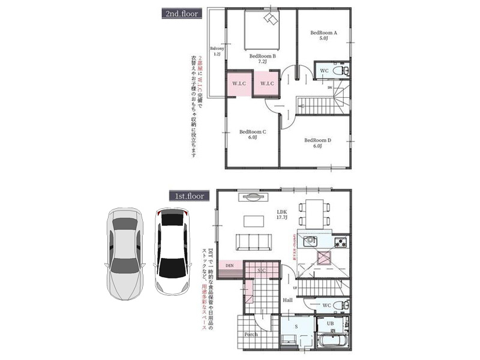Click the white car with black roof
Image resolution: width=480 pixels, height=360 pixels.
pos(172,251)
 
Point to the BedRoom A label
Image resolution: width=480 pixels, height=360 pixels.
pos(323,35)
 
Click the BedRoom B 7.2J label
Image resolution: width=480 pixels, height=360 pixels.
pos(262,59)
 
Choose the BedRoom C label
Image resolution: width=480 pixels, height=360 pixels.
pos(252,134)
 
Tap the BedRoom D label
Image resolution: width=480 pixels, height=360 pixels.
pos(317,143)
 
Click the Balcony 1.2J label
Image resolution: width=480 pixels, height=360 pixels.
pos(217,51)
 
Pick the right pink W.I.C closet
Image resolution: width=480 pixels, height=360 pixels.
pos(267,83)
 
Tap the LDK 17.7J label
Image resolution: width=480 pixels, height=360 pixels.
pos(282,215)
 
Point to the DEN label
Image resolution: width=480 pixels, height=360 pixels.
pos(229,265)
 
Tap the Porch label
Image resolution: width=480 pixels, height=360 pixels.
pos(251,334)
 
